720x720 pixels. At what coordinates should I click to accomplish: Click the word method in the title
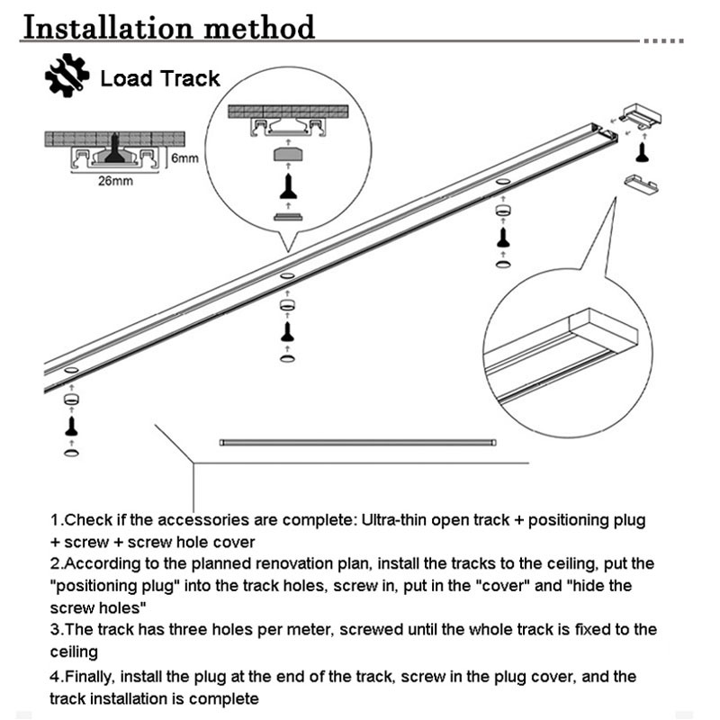coord(261,27)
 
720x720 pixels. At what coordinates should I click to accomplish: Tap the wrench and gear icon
coord(67,77)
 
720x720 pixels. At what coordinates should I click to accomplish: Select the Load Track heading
coord(160,78)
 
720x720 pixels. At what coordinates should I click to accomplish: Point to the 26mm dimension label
coord(114,181)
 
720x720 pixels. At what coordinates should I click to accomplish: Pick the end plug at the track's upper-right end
coord(641,114)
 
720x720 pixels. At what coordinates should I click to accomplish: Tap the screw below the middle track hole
coord(287,331)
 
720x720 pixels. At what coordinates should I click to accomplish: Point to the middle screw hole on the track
coord(287,274)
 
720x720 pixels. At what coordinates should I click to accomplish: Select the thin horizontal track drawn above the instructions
coord(358,442)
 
